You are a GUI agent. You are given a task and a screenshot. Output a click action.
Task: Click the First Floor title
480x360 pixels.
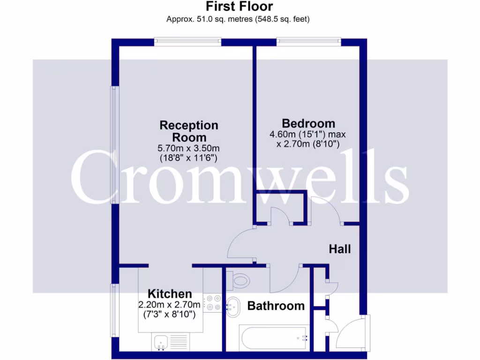[239, 7]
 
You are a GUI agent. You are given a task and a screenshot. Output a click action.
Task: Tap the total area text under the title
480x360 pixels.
[238, 19]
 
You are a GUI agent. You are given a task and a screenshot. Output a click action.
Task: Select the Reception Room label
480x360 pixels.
[189, 131]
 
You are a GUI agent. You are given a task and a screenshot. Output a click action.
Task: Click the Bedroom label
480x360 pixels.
[308, 123]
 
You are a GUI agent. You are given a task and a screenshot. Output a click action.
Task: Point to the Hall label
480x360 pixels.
[339, 249]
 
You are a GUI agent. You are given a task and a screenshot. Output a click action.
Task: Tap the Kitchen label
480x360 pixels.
[170, 294]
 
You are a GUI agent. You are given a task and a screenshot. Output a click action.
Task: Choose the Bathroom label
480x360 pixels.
[276, 306]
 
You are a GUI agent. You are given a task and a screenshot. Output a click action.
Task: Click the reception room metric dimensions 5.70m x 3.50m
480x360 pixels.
[189, 149]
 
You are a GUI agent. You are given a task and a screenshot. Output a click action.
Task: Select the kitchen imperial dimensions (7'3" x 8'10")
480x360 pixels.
[170, 315]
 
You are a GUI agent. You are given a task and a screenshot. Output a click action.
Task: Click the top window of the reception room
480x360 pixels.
[187, 42]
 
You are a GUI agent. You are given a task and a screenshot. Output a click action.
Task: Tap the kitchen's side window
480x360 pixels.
[113, 310]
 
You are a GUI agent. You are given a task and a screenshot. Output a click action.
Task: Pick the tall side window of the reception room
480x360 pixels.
[113, 144]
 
